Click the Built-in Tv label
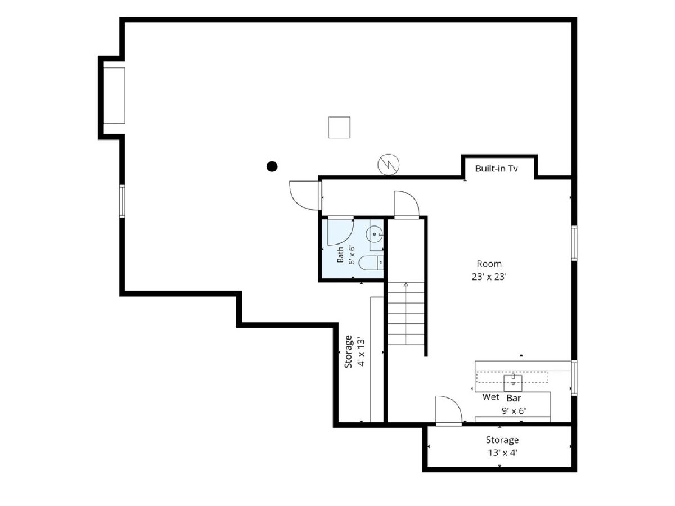[496, 168]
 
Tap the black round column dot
[272, 166]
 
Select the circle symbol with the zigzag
[388, 165]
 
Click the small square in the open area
[339, 127]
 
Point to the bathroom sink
[375, 234]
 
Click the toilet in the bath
[371, 263]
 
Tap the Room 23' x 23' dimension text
[489, 270]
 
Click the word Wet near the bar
[491, 397]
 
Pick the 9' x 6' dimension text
[514, 411]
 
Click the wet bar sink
[513, 383]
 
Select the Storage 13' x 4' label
[502, 446]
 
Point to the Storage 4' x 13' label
[354, 352]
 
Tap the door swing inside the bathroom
[341, 232]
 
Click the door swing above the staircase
[407, 204]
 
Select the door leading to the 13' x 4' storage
[449, 410]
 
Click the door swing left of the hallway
[304, 196]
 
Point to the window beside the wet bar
[574, 378]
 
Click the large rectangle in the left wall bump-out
[114, 96]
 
